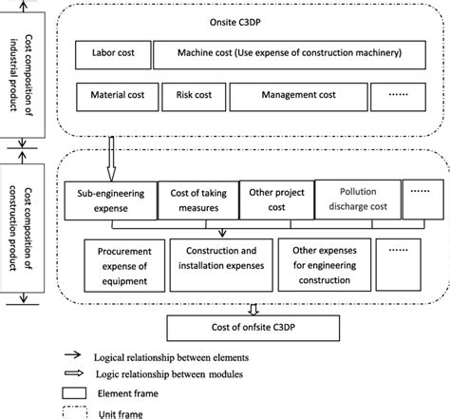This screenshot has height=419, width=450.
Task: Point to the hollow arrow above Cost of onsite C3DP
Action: (251, 307)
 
